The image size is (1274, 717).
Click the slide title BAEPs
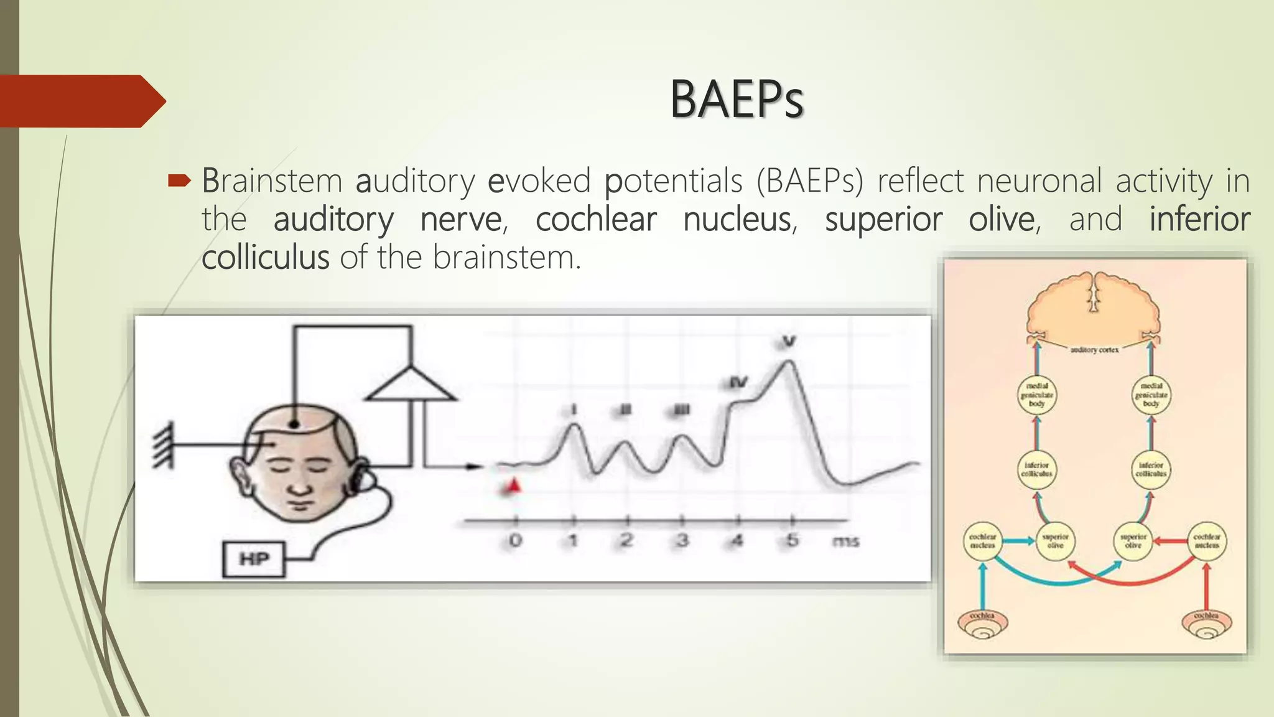[737, 100]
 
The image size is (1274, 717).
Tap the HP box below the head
[254, 559]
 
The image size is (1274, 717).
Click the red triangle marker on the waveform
[513, 486]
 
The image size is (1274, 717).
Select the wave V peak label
[789, 341]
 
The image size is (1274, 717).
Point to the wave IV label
[738, 382]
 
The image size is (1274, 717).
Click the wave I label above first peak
[574, 410]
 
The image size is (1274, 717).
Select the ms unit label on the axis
[845, 541]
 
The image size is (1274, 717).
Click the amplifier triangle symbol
[411, 386]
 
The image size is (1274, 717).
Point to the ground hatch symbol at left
[163, 444]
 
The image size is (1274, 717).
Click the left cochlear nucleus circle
[983, 541]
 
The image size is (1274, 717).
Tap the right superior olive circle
[1133, 541]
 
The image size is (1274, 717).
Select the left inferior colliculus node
[1036, 469]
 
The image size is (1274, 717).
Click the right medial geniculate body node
[1151, 395]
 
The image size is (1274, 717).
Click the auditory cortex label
[1094, 350]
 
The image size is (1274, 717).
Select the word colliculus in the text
[265, 258]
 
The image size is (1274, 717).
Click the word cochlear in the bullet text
[595, 220]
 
